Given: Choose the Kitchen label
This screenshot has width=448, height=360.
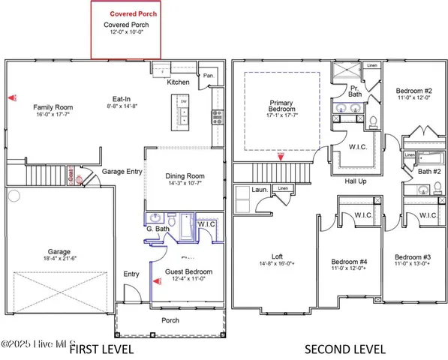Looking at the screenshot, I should (178, 82).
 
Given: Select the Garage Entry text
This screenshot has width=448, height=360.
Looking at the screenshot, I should (124, 171).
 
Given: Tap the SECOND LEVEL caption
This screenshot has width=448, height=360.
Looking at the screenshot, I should (344, 349).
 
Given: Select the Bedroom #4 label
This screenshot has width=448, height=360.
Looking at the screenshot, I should (347, 262).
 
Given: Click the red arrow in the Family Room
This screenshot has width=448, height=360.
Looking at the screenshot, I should (11, 97).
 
